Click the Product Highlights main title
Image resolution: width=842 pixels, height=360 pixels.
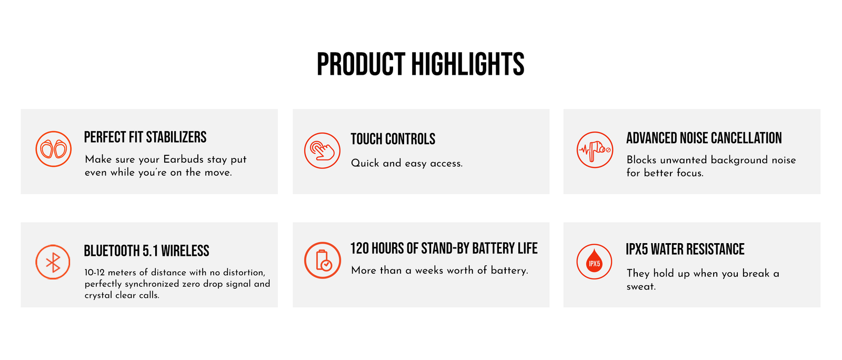pyautogui.click(x=420, y=64)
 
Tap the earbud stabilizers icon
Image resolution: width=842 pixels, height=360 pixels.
pyautogui.click(x=53, y=149)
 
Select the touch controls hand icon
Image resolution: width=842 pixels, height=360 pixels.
pyautogui.click(x=322, y=151)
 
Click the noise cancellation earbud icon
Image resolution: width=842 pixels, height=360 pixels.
pyautogui.click(x=595, y=149)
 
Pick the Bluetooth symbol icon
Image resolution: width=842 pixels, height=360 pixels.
pyautogui.click(x=53, y=262)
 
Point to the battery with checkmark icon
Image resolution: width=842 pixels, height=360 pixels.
pyautogui.click(x=323, y=260)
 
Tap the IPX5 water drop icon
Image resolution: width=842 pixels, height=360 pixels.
pyautogui.click(x=594, y=262)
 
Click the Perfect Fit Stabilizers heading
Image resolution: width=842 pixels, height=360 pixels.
pyautogui.click(x=145, y=137)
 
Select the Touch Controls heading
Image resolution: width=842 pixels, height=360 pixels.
pyautogui.click(x=393, y=139)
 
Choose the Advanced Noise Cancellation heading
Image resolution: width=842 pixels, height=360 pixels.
pyautogui.click(x=704, y=138)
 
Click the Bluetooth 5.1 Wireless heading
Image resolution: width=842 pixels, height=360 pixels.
pyautogui.click(x=146, y=251)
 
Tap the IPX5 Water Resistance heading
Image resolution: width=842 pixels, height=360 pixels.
pyautogui.click(x=685, y=249)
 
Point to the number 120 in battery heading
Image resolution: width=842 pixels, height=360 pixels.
pyautogui.click(x=359, y=248)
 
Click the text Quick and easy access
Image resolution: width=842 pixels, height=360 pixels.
pyautogui.click(x=407, y=163)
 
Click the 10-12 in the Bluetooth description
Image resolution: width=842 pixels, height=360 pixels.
pyautogui.click(x=95, y=273)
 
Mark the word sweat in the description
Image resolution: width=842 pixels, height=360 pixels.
pyautogui.click(x=641, y=287)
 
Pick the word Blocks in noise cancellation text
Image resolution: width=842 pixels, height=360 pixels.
pyautogui.click(x=641, y=159)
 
